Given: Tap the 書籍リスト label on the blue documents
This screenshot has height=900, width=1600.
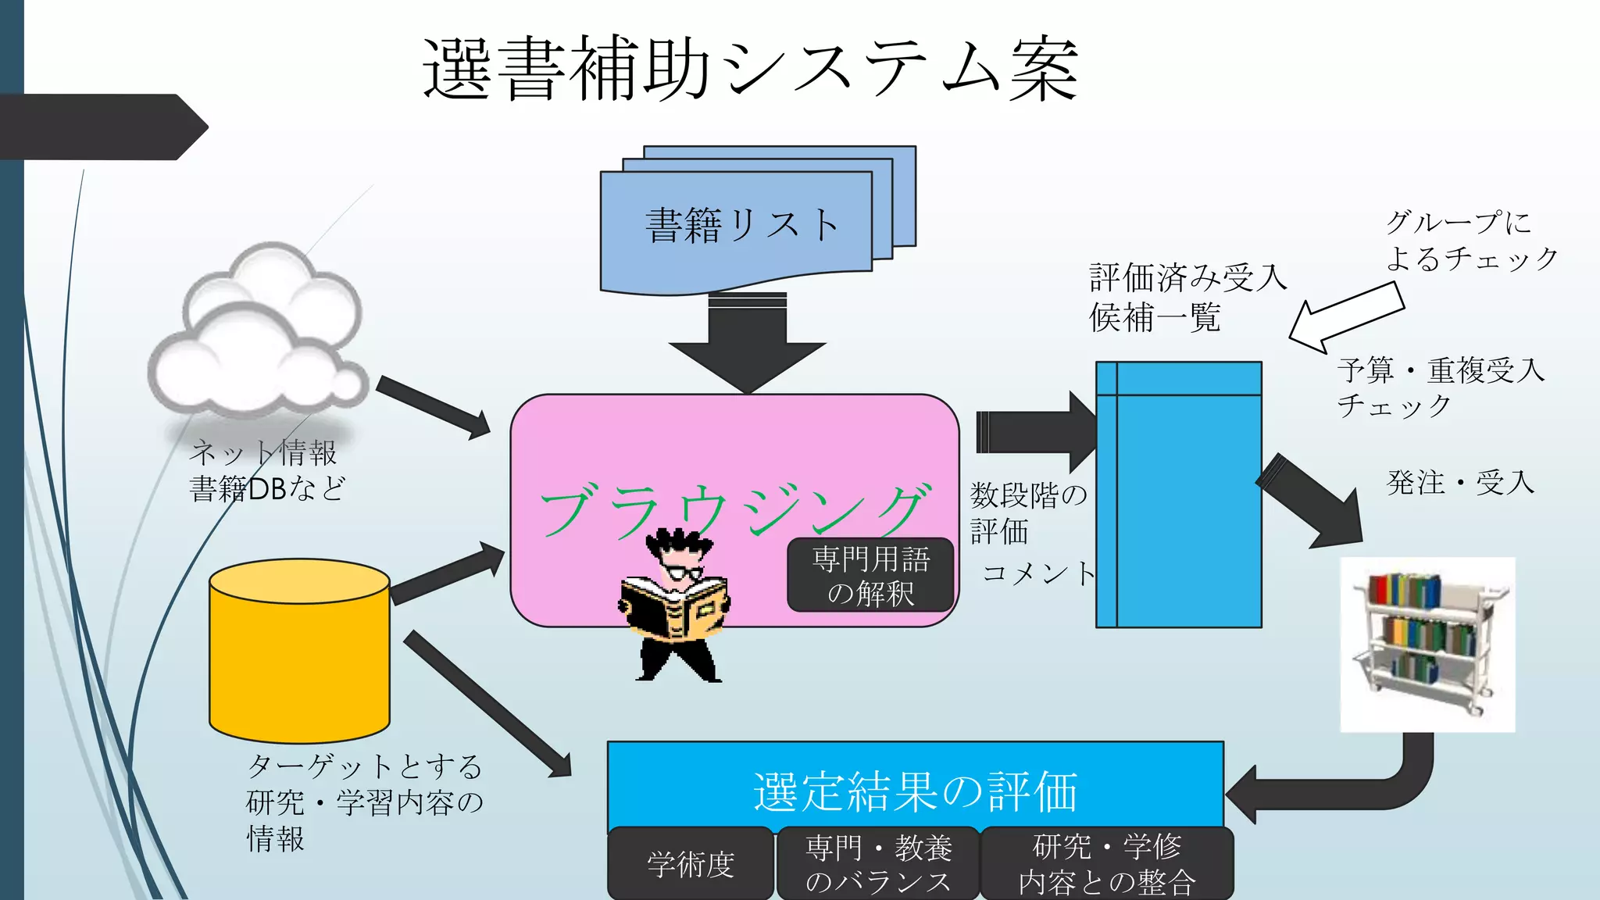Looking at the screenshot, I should pos(741,225).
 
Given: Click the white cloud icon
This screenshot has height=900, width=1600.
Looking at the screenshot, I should pos(258,332).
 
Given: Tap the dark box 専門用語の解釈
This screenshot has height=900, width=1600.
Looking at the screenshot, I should pos(870,576).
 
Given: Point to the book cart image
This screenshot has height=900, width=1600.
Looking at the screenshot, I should pos(1427,645).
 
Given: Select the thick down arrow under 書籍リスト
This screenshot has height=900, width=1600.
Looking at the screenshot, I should pos(748,344).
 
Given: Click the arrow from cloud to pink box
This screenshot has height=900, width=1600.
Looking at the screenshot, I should pos(434,406).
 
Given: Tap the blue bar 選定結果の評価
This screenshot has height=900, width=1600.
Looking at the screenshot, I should pos(915,789).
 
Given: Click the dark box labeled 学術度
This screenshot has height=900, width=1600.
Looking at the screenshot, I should pos(691,864).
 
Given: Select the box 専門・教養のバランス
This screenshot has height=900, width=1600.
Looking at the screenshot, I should pos(877,864).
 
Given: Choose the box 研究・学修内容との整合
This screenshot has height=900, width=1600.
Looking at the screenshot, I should pos(1107,864).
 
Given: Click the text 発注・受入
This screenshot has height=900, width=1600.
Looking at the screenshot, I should pos(1459,482).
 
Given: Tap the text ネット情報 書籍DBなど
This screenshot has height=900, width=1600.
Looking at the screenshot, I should pos(266,470).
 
